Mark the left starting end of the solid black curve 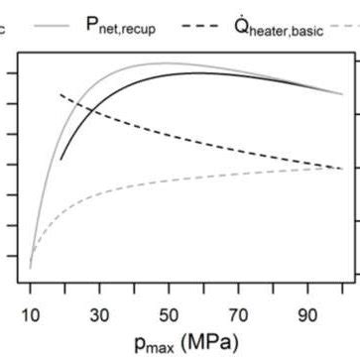60,158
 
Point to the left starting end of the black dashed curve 60,94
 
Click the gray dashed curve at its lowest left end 30,267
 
